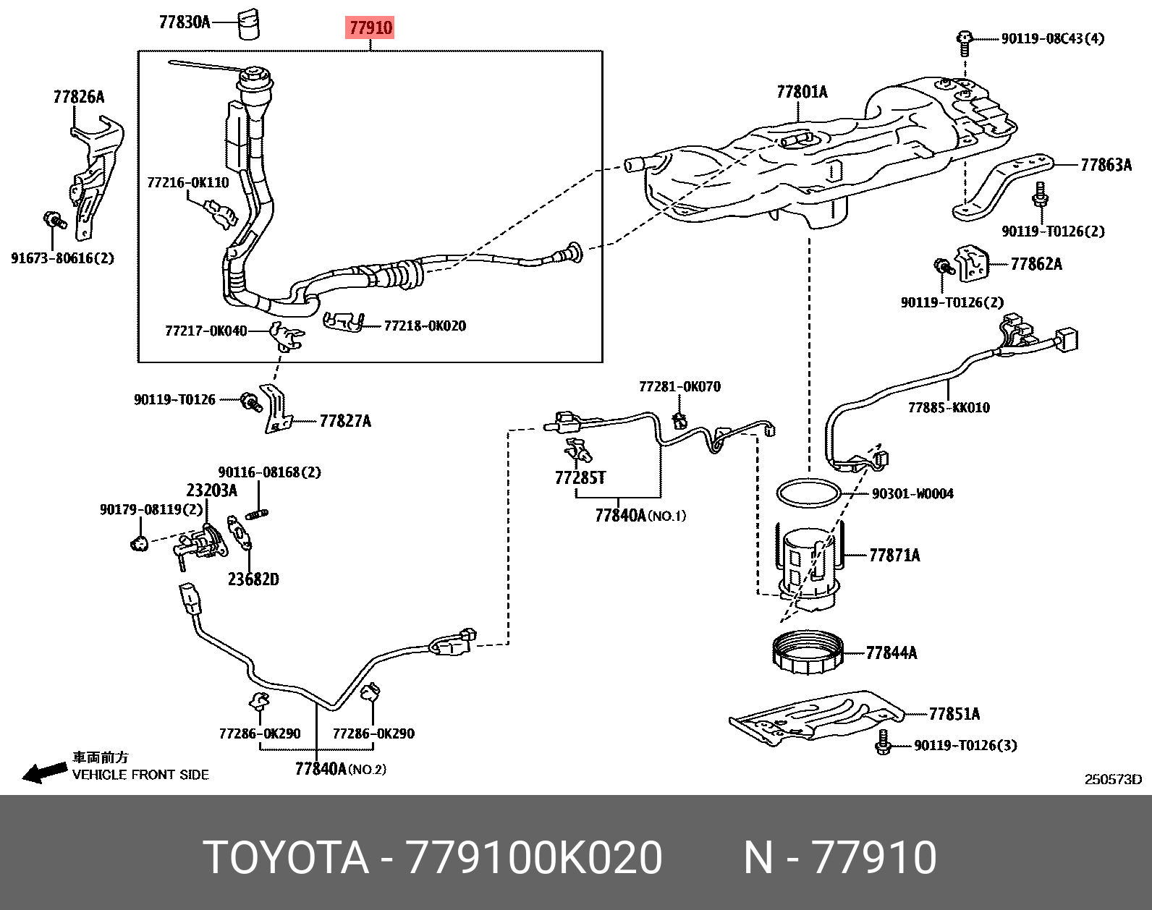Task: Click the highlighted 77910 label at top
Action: tap(370, 28)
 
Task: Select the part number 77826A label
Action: tap(78, 97)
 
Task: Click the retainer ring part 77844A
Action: tap(809, 653)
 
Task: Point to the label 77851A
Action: tap(954, 714)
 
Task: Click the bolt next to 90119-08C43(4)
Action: tap(964, 43)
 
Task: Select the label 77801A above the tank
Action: tap(802, 92)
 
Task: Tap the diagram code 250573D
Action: tap(1111, 779)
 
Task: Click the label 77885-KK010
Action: tap(949, 407)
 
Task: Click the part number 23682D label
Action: tap(253, 579)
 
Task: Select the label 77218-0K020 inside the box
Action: tap(424, 326)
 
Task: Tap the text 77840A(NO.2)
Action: tap(340, 769)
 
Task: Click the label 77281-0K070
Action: tap(679, 386)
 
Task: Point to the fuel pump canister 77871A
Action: tap(808, 561)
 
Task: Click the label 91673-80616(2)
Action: tap(62, 258)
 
